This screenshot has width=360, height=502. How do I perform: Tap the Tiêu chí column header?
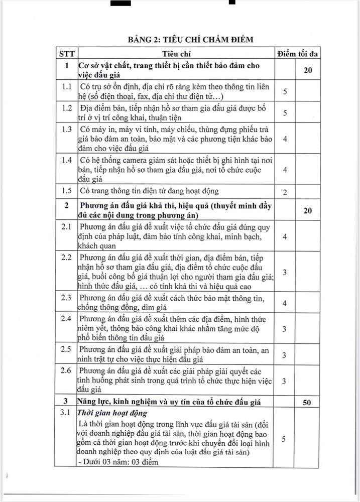176,53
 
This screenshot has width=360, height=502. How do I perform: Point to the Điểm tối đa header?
298,53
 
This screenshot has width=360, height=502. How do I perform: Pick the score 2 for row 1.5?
285,192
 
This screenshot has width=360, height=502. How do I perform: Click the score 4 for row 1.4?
285,170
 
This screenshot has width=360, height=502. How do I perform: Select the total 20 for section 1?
308,70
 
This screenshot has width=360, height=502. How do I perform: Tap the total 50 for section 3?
308,401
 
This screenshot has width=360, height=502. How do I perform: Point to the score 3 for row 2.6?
285,381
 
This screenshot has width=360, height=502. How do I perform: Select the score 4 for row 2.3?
285,303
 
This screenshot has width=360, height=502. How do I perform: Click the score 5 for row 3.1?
285,439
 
